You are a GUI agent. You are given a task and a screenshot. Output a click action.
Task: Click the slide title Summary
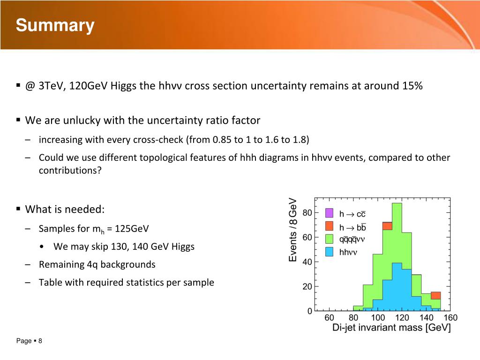55,25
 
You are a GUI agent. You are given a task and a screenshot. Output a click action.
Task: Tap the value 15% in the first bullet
412,86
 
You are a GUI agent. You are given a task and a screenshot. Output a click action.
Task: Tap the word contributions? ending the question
70,170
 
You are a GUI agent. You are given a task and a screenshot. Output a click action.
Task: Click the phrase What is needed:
65,210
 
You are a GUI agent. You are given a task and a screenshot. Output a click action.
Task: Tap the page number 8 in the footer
40,341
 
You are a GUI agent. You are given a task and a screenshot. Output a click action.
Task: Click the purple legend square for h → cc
329,213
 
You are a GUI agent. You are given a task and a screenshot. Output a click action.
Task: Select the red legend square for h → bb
329,226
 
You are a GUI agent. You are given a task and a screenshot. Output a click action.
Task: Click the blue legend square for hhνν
329,252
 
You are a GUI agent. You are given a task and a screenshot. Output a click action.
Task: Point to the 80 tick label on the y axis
307,213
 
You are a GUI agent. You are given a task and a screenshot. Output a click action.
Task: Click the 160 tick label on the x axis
450,317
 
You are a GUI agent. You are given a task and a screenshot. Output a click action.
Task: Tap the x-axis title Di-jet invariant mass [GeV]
391,328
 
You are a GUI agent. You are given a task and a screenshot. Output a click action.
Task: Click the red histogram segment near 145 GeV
435,296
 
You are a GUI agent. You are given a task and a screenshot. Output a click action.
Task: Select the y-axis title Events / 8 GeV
293,230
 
